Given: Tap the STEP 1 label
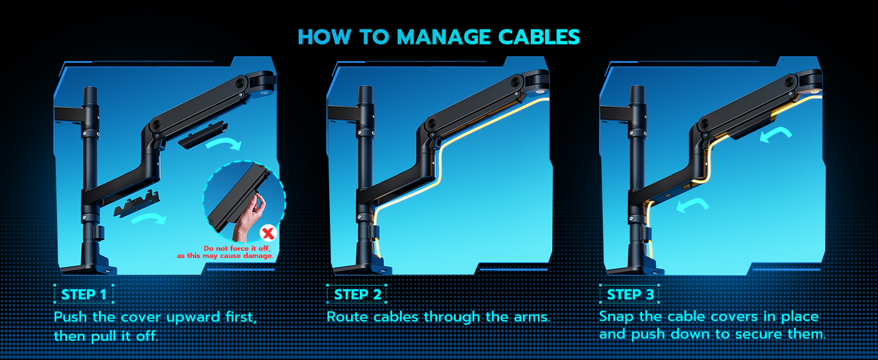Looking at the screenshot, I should click(84, 295).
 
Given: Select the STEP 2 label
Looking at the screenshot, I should click(357, 295).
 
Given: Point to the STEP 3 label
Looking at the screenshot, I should click(630, 295).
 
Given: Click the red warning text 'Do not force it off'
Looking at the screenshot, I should click(237, 248).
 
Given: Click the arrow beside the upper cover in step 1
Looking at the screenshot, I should click(223, 144).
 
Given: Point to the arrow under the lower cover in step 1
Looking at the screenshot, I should click(148, 220).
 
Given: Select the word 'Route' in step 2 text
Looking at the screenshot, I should click(347, 317).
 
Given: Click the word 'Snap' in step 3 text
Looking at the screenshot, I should click(615, 317).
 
